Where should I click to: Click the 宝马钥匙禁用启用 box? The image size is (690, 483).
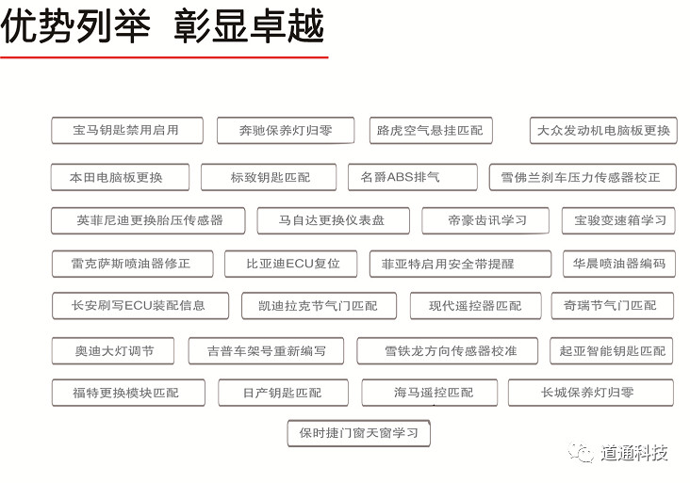point(127,130)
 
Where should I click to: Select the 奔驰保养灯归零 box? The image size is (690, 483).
point(286,130)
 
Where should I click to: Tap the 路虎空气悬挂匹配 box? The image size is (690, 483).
point(431,130)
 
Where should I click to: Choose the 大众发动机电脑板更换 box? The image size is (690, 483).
point(603,130)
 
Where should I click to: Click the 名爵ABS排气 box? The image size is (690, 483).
point(412,177)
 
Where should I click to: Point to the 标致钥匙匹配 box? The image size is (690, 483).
point(269,177)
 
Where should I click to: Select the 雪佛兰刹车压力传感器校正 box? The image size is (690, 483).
point(583,177)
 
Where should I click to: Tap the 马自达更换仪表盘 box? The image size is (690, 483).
point(333,220)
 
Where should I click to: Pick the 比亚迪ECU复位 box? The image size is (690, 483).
point(291,264)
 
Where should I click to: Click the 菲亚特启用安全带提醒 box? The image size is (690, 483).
point(460,264)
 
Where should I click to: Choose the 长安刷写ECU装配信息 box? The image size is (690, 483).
point(140,305)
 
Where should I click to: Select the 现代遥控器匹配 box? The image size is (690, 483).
point(476,305)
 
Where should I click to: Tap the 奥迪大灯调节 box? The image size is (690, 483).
point(113,350)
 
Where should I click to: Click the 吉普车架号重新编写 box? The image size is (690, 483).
point(266,350)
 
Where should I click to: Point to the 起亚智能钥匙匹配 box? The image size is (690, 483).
point(611,350)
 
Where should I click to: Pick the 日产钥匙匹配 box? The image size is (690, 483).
point(284,393)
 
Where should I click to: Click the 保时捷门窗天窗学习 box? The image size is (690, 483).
point(358,433)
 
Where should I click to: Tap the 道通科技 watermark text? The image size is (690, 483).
point(634,452)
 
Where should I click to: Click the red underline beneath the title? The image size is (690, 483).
point(164,57)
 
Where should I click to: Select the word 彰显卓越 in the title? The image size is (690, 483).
point(250,26)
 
